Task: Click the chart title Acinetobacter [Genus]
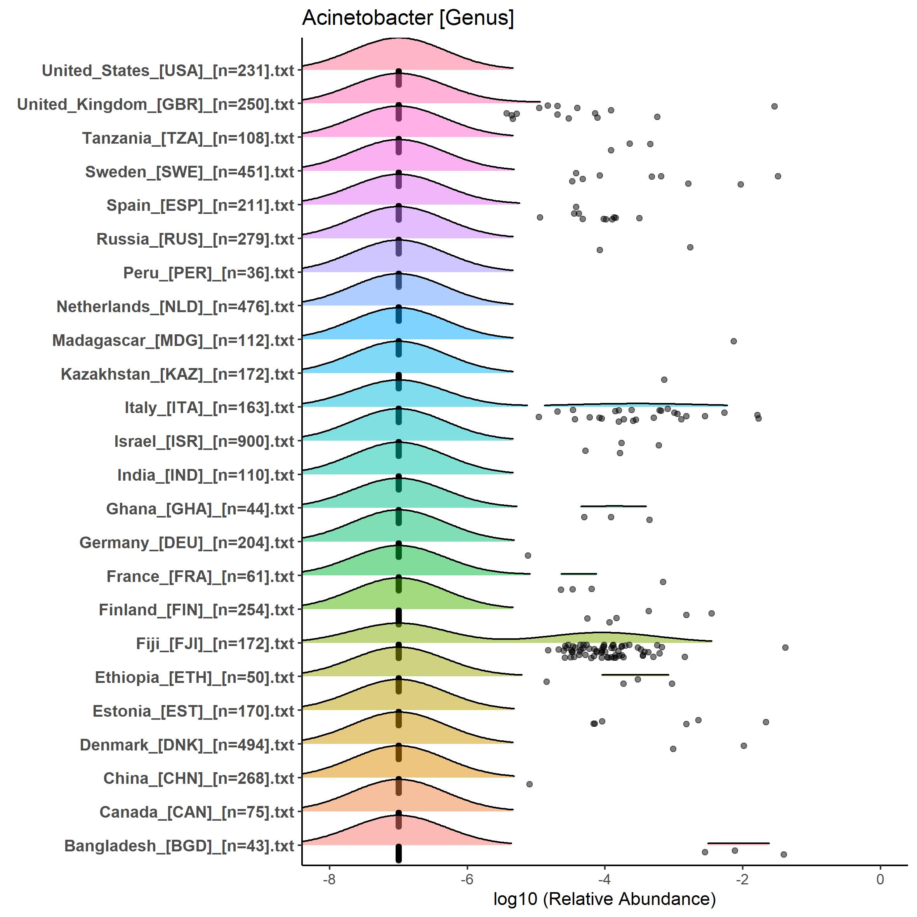coord(408,18)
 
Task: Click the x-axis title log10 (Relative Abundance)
coord(604,898)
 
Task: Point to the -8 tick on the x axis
coord(329,879)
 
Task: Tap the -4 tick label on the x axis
coord(604,879)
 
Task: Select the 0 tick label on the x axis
coord(880,879)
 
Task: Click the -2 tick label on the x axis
coord(742,879)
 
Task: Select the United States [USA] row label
coord(168,71)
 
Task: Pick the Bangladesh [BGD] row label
coord(179,846)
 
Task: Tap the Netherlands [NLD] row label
coord(175,307)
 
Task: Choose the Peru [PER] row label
coord(208,273)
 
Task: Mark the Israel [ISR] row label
coord(204,441)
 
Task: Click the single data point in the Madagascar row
coord(733,341)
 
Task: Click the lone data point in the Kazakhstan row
coord(664,380)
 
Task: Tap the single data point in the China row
coord(529,784)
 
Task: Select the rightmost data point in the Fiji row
coord(785,648)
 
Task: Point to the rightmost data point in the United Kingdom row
coord(774,106)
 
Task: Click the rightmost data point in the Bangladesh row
coord(783,854)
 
